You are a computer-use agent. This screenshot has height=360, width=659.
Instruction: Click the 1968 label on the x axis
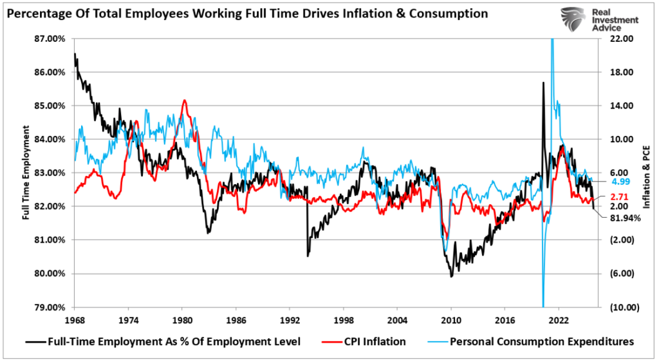74,320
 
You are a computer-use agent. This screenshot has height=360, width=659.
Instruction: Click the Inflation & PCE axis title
647,178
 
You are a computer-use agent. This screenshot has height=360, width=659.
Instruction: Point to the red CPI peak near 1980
184,100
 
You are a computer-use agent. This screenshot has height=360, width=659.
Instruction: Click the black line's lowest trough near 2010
451,276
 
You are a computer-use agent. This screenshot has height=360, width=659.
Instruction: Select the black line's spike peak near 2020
543,83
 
